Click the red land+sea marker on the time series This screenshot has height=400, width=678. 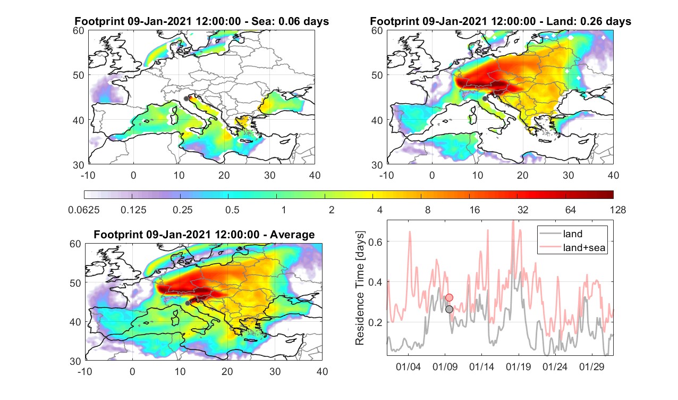point(450,297)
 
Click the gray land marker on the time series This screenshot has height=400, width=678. point(450,309)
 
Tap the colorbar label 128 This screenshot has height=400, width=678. point(618,210)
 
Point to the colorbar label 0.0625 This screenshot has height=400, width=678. point(84,210)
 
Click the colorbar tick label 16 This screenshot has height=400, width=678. point(474,210)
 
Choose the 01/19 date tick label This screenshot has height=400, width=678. point(519,366)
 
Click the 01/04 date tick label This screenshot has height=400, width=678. point(409,366)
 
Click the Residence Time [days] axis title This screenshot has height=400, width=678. point(360,288)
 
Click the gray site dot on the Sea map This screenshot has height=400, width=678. point(186,98)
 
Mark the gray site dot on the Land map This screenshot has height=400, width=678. point(485,98)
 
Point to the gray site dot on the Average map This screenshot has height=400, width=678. point(188,303)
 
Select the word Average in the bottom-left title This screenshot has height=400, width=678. point(292,235)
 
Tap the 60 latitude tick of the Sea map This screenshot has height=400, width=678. point(79,31)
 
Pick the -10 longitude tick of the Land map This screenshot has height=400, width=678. point(386,175)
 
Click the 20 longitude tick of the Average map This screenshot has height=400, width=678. point(227,371)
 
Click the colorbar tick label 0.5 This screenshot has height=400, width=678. point(232,210)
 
